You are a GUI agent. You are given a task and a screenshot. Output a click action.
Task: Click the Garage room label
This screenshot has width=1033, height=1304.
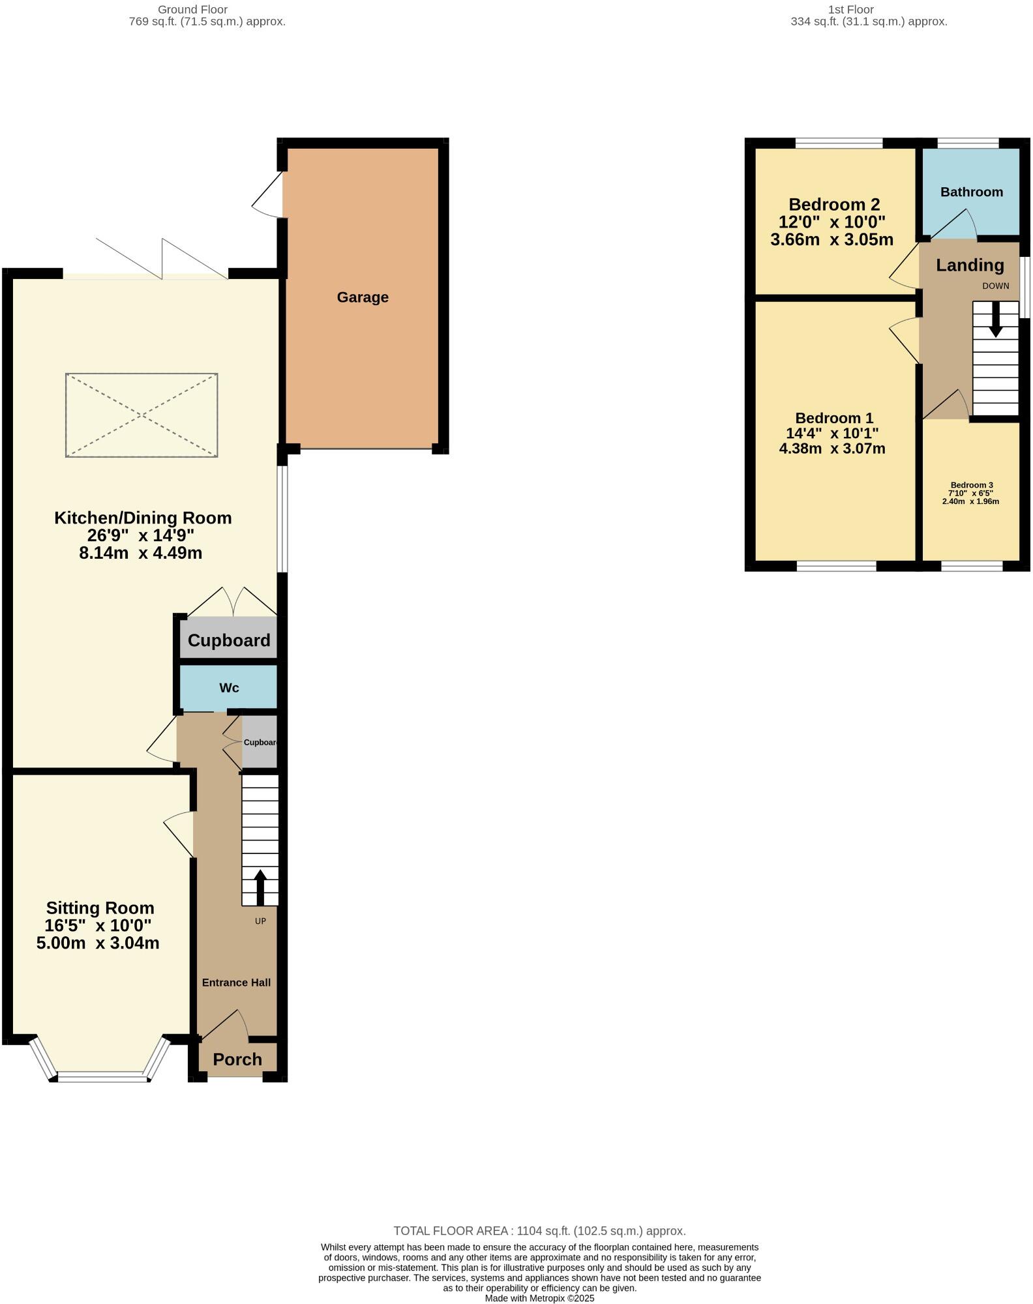363,297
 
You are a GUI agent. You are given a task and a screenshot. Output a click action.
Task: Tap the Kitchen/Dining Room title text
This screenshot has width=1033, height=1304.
143,518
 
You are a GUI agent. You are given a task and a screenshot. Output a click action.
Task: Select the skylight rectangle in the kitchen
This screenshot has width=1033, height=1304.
142,415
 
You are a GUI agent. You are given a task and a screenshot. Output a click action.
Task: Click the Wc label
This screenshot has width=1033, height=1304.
229,688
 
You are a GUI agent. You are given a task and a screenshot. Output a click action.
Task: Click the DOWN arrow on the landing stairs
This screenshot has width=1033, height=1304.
995,319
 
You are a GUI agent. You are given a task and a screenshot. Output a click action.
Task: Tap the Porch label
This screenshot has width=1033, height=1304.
237,1059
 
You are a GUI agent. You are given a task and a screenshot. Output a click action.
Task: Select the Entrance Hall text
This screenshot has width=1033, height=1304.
236,983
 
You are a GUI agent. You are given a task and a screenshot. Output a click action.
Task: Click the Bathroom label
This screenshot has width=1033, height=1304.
971,192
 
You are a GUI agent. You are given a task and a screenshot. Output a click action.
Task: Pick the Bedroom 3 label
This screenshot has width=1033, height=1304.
971,485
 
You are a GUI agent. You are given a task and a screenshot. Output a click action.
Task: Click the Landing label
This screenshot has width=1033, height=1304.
970,265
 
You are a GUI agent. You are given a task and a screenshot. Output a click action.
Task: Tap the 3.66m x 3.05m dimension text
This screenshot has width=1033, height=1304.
831,239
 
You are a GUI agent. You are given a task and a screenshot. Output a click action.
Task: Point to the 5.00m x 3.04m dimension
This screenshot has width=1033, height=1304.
98,943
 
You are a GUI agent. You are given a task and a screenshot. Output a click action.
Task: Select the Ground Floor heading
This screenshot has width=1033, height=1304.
192,10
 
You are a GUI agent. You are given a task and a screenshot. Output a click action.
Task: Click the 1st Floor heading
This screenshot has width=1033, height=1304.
850,10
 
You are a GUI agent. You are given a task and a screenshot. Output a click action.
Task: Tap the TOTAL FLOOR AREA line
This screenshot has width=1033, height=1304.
539,1231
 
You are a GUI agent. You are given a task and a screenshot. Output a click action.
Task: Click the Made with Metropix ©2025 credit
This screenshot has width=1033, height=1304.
539,1298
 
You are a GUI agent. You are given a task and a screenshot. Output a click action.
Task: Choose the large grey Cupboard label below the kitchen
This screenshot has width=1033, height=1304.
229,640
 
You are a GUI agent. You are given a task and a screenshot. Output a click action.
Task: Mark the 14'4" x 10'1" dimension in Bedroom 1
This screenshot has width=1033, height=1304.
832,433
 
